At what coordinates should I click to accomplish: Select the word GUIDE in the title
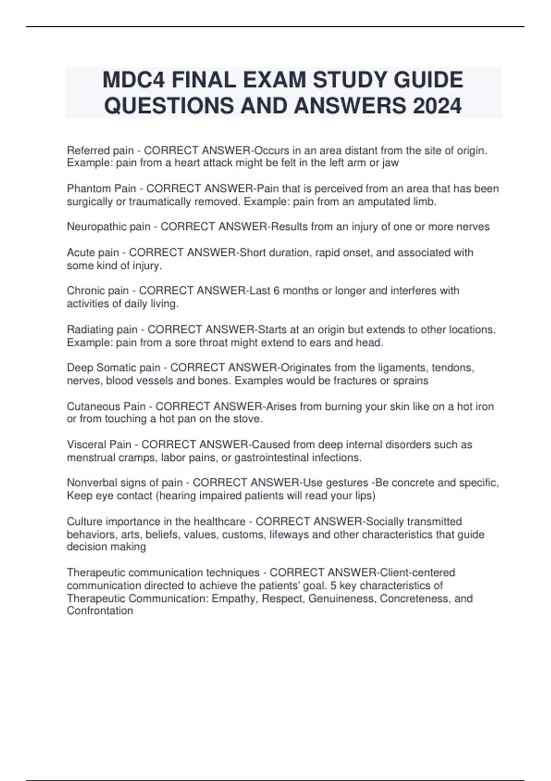click(x=429, y=80)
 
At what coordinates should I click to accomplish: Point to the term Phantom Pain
click(x=101, y=188)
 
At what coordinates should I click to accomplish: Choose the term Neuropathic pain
click(x=108, y=226)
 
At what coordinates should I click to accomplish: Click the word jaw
click(x=391, y=163)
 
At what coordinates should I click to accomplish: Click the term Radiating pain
click(x=102, y=329)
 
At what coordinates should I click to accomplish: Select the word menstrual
click(x=92, y=458)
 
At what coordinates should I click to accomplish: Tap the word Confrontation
click(x=100, y=611)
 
